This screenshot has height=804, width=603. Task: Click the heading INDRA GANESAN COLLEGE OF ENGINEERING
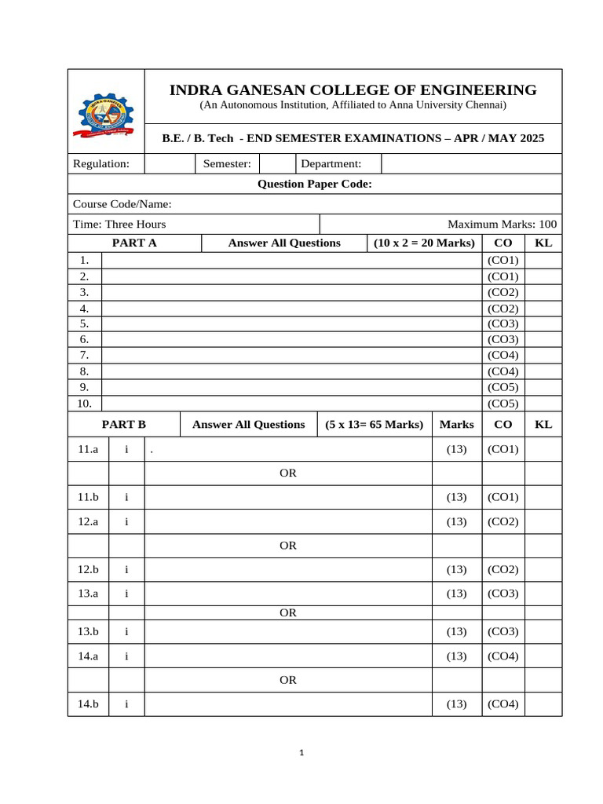click(x=353, y=90)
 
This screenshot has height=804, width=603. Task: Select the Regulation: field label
click(x=101, y=163)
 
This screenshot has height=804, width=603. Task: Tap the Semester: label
click(x=227, y=163)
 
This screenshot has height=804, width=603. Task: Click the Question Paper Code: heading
click(x=315, y=184)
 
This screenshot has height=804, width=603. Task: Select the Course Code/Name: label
click(x=122, y=204)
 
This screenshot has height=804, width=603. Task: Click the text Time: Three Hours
click(x=119, y=224)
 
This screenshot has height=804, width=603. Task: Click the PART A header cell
click(x=134, y=243)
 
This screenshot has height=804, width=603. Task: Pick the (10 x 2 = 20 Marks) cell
click(x=425, y=243)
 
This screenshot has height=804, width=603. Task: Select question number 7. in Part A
click(x=84, y=355)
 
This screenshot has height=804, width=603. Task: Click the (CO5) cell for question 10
click(x=503, y=404)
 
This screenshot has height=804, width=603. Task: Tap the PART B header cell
click(x=124, y=424)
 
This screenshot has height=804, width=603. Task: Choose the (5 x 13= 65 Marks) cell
click(x=375, y=424)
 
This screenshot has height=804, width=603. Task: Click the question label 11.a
click(x=88, y=449)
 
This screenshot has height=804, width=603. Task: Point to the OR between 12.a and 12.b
click(x=288, y=545)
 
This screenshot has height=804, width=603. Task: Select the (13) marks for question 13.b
click(x=456, y=631)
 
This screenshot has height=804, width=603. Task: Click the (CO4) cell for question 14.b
click(x=503, y=703)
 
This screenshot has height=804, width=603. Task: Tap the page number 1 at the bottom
click(x=301, y=753)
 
